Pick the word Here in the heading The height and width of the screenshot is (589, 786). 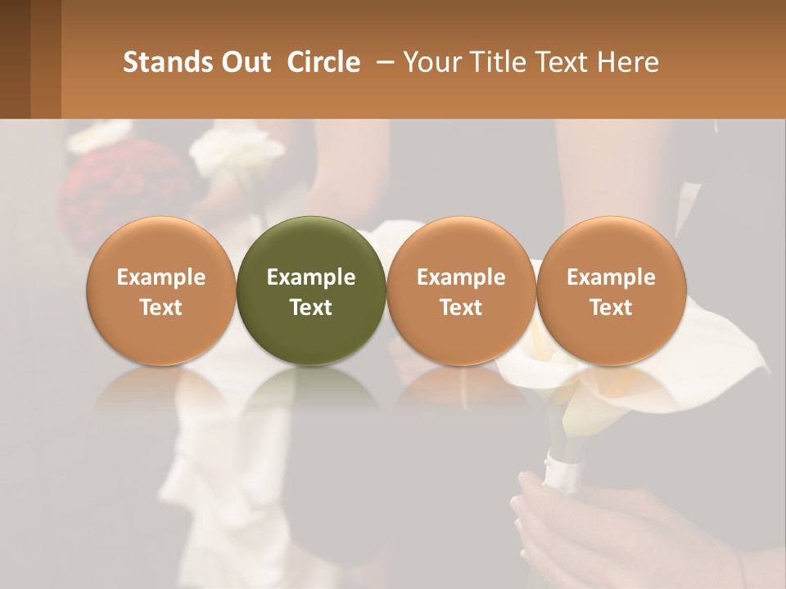coord(629,62)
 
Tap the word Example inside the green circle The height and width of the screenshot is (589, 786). coord(311,277)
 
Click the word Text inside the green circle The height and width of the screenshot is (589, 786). coord(311,308)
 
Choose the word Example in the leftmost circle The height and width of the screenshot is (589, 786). coord(161,277)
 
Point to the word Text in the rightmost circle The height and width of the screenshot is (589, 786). coord(611,308)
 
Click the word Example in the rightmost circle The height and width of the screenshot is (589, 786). coord(611,277)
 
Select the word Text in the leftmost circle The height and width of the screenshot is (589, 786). coord(161,308)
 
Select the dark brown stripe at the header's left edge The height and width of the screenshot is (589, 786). coord(15,59)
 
